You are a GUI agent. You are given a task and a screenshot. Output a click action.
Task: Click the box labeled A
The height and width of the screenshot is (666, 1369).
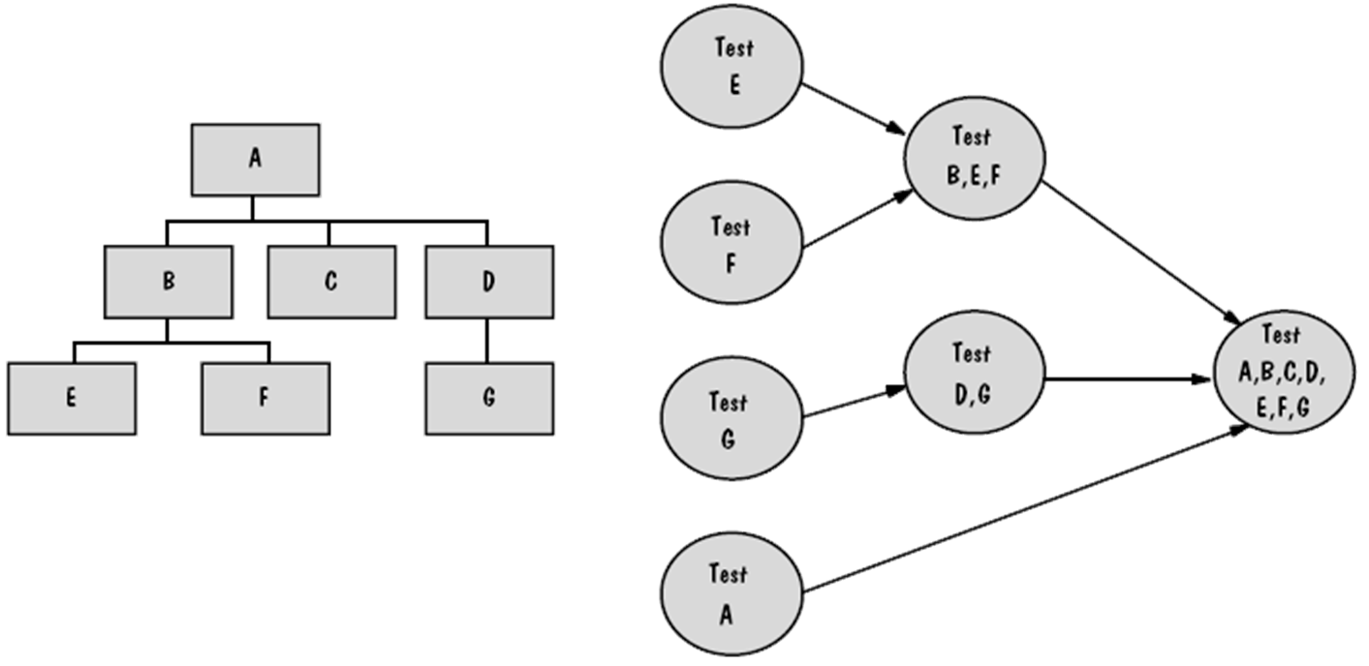pyautogui.click(x=255, y=158)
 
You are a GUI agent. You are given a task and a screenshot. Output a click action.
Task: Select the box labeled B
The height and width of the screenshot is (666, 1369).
pyautogui.click(x=169, y=282)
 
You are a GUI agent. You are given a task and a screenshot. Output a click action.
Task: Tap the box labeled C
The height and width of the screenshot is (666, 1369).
pyautogui.click(x=331, y=282)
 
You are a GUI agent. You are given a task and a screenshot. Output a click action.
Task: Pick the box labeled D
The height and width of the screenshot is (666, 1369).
pyautogui.click(x=489, y=282)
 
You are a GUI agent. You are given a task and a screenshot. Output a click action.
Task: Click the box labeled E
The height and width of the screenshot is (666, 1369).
pyautogui.click(x=71, y=398)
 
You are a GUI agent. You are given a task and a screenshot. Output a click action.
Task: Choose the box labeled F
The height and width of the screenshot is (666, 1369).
pyautogui.click(x=264, y=398)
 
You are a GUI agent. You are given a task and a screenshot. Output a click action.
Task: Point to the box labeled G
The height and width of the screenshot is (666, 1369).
pyautogui.click(x=489, y=398)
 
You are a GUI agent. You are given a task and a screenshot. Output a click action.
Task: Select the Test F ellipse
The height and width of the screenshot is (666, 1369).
pyautogui.click(x=731, y=244)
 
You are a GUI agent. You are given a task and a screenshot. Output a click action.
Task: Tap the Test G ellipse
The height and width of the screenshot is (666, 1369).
pyautogui.click(x=731, y=417)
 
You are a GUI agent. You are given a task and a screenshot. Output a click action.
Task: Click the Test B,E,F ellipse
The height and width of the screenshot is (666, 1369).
pyautogui.click(x=974, y=157)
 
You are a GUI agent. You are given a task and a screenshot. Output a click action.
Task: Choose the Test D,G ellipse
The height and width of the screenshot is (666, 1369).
pyautogui.click(x=974, y=372)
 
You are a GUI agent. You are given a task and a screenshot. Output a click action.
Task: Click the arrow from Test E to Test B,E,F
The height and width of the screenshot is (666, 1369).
pyautogui.click(x=853, y=107)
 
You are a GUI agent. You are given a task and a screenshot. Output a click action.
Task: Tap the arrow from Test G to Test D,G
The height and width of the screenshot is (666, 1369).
pyautogui.click(x=853, y=403)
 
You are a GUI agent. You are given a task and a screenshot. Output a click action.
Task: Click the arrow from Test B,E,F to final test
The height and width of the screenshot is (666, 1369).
pyautogui.click(x=1138, y=254)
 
